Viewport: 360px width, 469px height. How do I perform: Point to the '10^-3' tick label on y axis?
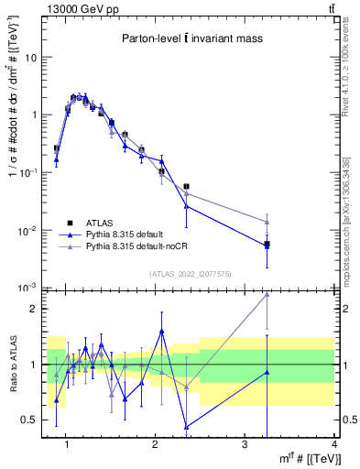(x=28, y=288)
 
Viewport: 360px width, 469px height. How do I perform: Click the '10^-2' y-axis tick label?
(x=28, y=230)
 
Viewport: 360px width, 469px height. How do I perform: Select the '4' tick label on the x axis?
(x=333, y=445)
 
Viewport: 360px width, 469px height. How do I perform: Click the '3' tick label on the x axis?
(x=245, y=445)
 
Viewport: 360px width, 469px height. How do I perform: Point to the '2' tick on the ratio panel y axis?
(x=34, y=309)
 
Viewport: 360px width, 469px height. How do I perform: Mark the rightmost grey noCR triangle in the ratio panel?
(x=267, y=294)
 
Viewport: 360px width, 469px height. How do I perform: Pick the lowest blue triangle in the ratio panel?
(x=187, y=427)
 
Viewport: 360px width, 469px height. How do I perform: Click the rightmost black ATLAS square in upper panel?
(x=267, y=245)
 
